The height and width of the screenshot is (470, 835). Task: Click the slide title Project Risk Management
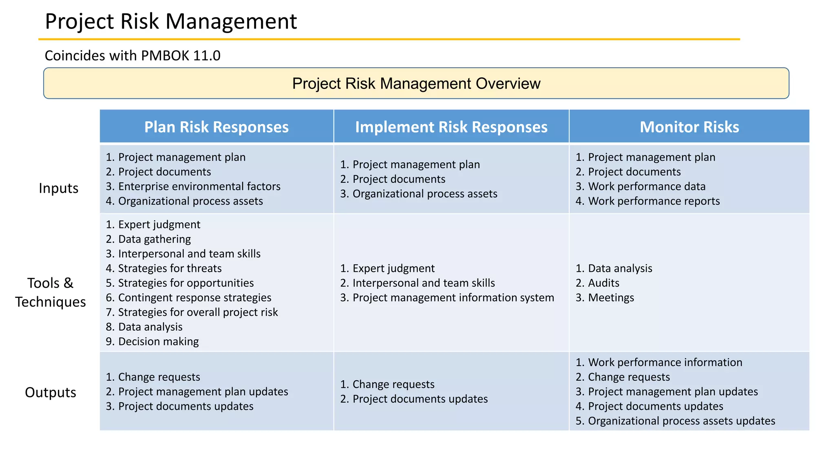tap(171, 21)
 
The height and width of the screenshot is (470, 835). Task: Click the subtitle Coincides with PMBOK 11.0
tap(133, 55)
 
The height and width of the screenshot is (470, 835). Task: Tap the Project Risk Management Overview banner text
tap(416, 84)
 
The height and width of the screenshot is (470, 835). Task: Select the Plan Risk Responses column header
tap(216, 127)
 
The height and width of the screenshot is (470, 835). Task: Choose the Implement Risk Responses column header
tap(451, 127)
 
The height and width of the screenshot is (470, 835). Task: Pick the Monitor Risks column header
tap(689, 127)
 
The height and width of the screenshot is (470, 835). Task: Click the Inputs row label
tap(59, 188)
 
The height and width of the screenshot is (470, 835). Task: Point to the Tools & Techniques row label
tap(51, 292)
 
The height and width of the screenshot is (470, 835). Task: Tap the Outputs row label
tap(51, 392)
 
